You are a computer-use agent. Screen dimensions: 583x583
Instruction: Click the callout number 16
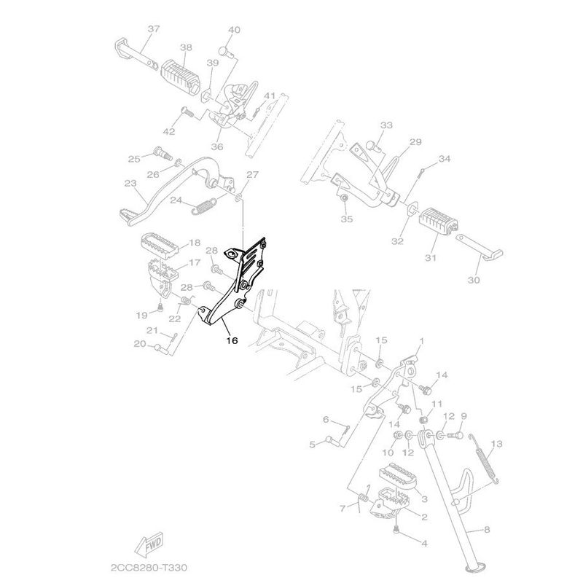231,340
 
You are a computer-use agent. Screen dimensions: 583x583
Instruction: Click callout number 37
153,29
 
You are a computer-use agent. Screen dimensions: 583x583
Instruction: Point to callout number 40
234,30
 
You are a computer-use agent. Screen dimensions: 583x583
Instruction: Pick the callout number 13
497,444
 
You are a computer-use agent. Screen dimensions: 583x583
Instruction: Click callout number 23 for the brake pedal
130,183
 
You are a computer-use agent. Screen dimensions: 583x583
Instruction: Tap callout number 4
424,544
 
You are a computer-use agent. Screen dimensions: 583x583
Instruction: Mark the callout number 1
420,341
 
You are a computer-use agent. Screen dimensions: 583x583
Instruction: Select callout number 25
133,159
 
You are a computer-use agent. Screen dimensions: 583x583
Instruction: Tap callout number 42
169,131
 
